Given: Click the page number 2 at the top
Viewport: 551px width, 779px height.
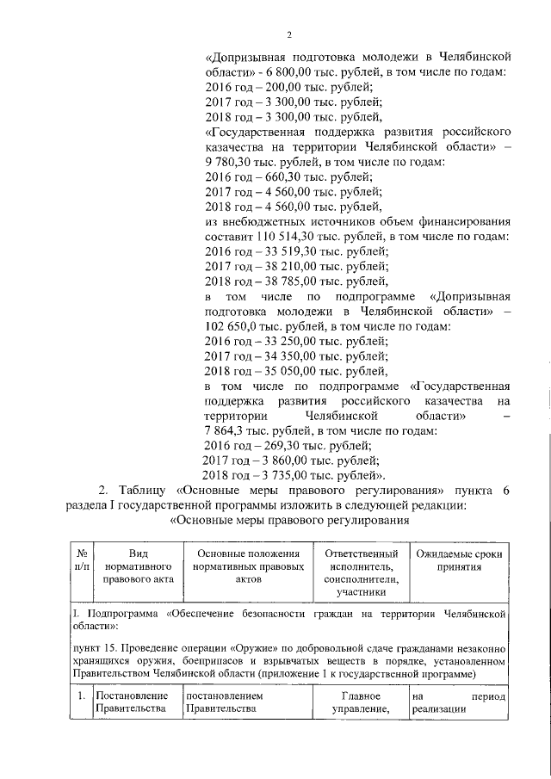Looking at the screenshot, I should click(289, 34).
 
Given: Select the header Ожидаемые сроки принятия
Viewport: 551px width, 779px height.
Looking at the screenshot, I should click(458, 560).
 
